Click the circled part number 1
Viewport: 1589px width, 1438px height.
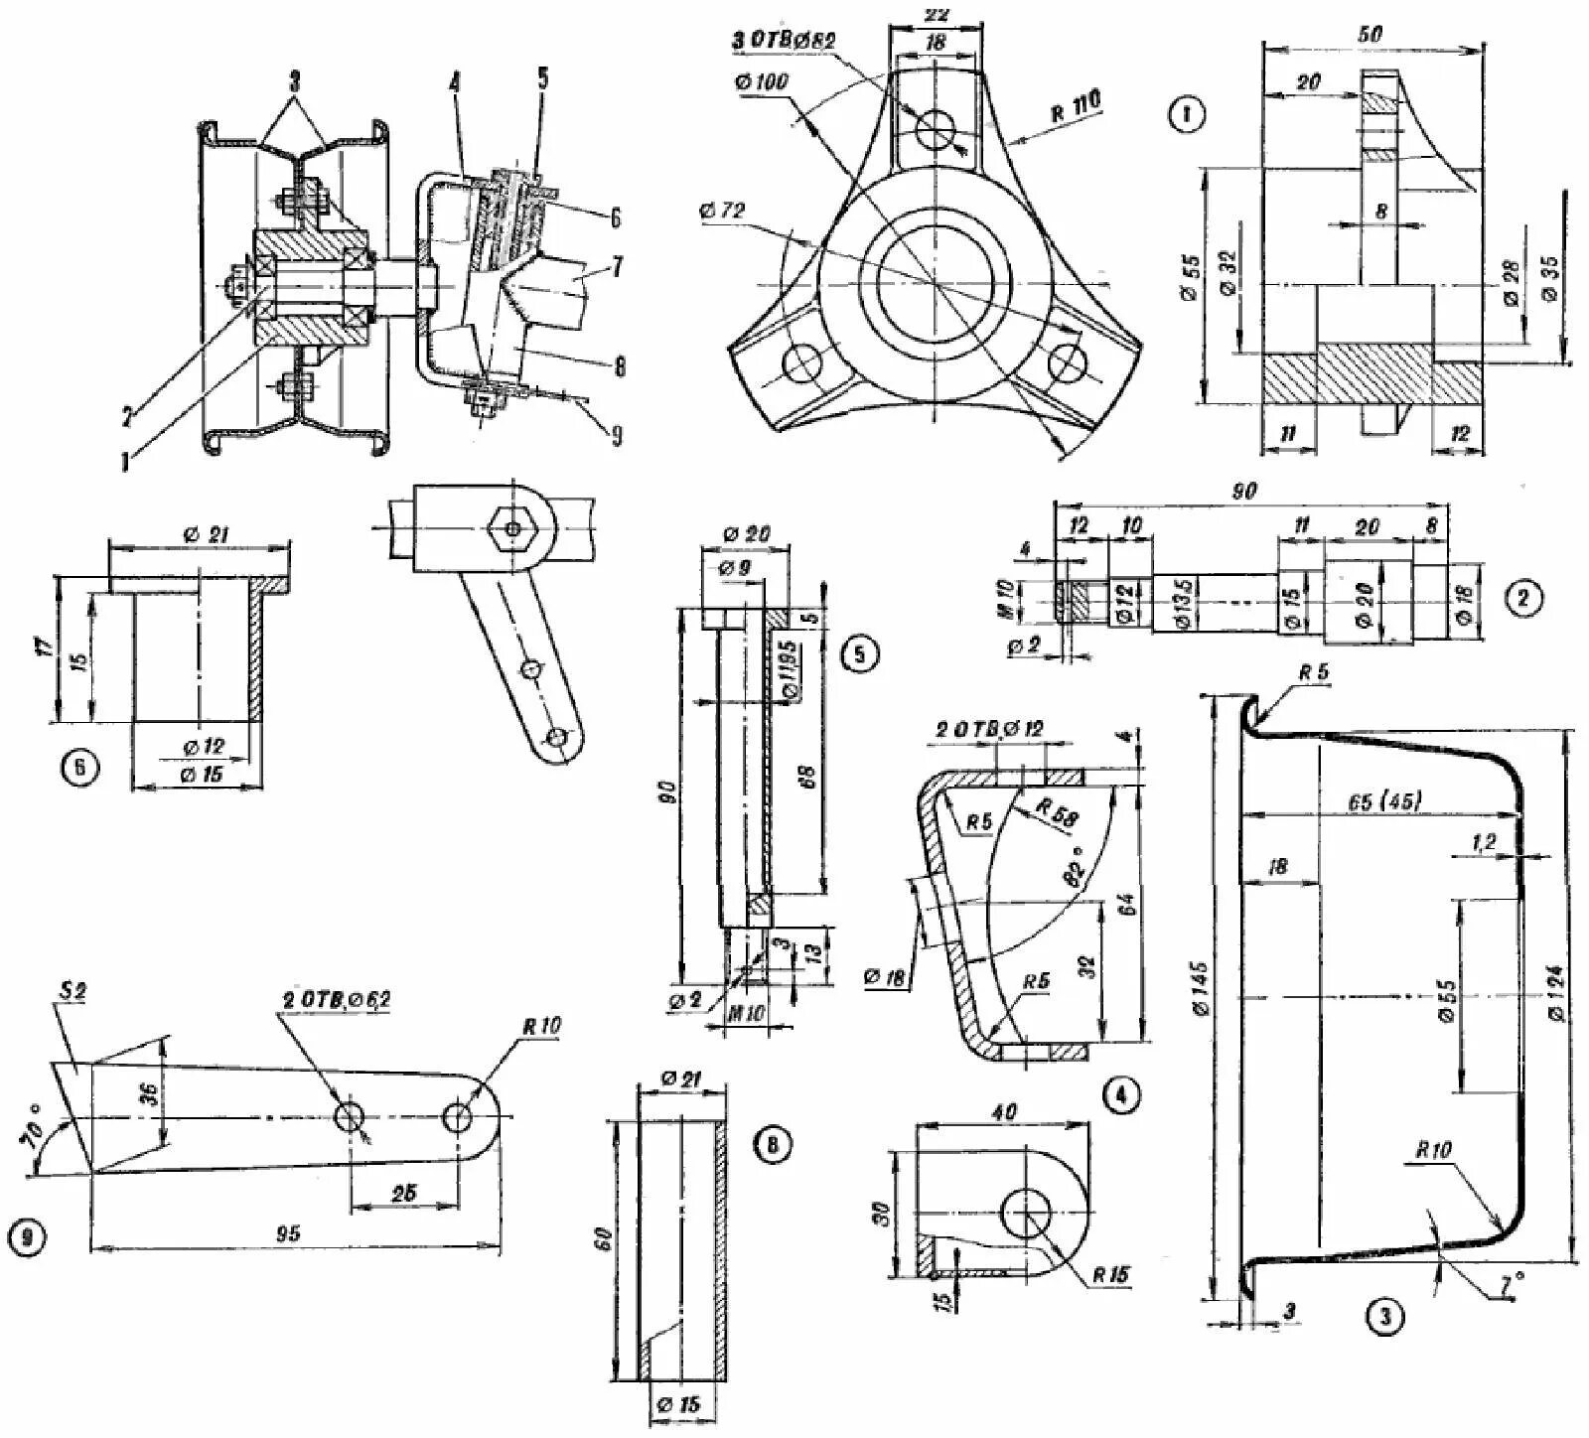[x=1187, y=115]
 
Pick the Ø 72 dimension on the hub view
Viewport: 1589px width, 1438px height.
[x=724, y=212]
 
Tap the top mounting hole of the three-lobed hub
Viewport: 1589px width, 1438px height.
[x=936, y=128]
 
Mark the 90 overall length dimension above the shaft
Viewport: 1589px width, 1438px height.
[x=1244, y=492]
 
